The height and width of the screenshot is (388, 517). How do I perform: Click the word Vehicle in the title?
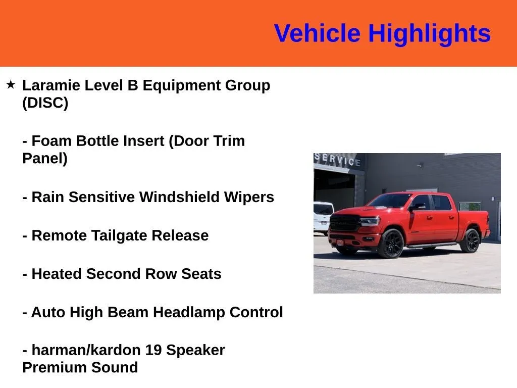pyautogui.click(x=317, y=33)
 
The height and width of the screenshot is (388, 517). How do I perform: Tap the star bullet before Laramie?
pyautogui.click(x=11, y=84)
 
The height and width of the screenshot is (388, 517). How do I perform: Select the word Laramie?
pyautogui.click(x=51, y=85)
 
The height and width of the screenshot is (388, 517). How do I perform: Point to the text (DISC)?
pyautogui.click(x=45, y=103)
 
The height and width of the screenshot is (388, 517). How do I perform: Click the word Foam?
pyautogui.click(x=51, y=141)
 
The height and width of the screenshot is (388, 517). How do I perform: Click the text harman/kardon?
pyautogui.click(x=86, y=350)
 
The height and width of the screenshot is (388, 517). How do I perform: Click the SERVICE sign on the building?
pyautogui.click(x=337, y=160)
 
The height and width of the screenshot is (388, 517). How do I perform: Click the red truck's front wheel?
pyautogui.click(x=391, y=244)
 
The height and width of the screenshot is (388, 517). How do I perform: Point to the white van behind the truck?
pyautogui.click(x=323, y=218)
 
